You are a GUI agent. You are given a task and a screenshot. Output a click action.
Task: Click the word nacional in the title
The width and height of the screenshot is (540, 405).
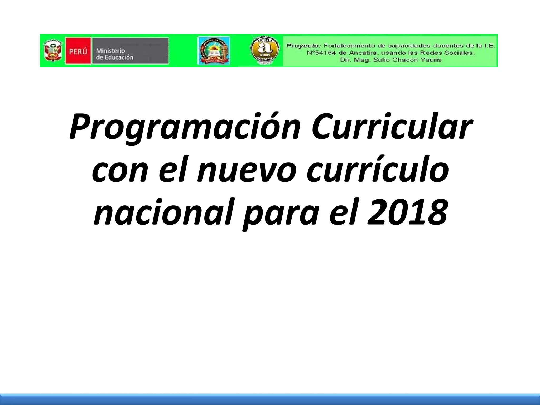[x=163, y=213]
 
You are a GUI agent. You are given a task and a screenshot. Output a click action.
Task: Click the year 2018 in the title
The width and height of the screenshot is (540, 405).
[x=408, y=213]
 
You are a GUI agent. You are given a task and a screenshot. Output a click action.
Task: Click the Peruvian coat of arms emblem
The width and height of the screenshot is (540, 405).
[x=53, y=51]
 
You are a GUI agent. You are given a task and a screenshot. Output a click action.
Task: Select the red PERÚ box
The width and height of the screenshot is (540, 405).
[x=78, y=51]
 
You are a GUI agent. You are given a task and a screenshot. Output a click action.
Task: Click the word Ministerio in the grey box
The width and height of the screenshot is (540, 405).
[x=110, y=50]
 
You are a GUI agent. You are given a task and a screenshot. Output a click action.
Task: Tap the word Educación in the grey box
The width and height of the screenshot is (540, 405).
[x=118, y=57]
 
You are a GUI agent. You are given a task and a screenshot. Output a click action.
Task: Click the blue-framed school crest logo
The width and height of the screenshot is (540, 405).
[x=214, y=51]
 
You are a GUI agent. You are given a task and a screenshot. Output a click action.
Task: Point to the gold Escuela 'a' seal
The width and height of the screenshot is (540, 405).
[x=264, y=51]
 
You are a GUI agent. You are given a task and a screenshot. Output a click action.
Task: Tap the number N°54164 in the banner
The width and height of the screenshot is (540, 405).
[x=321, y=53]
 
